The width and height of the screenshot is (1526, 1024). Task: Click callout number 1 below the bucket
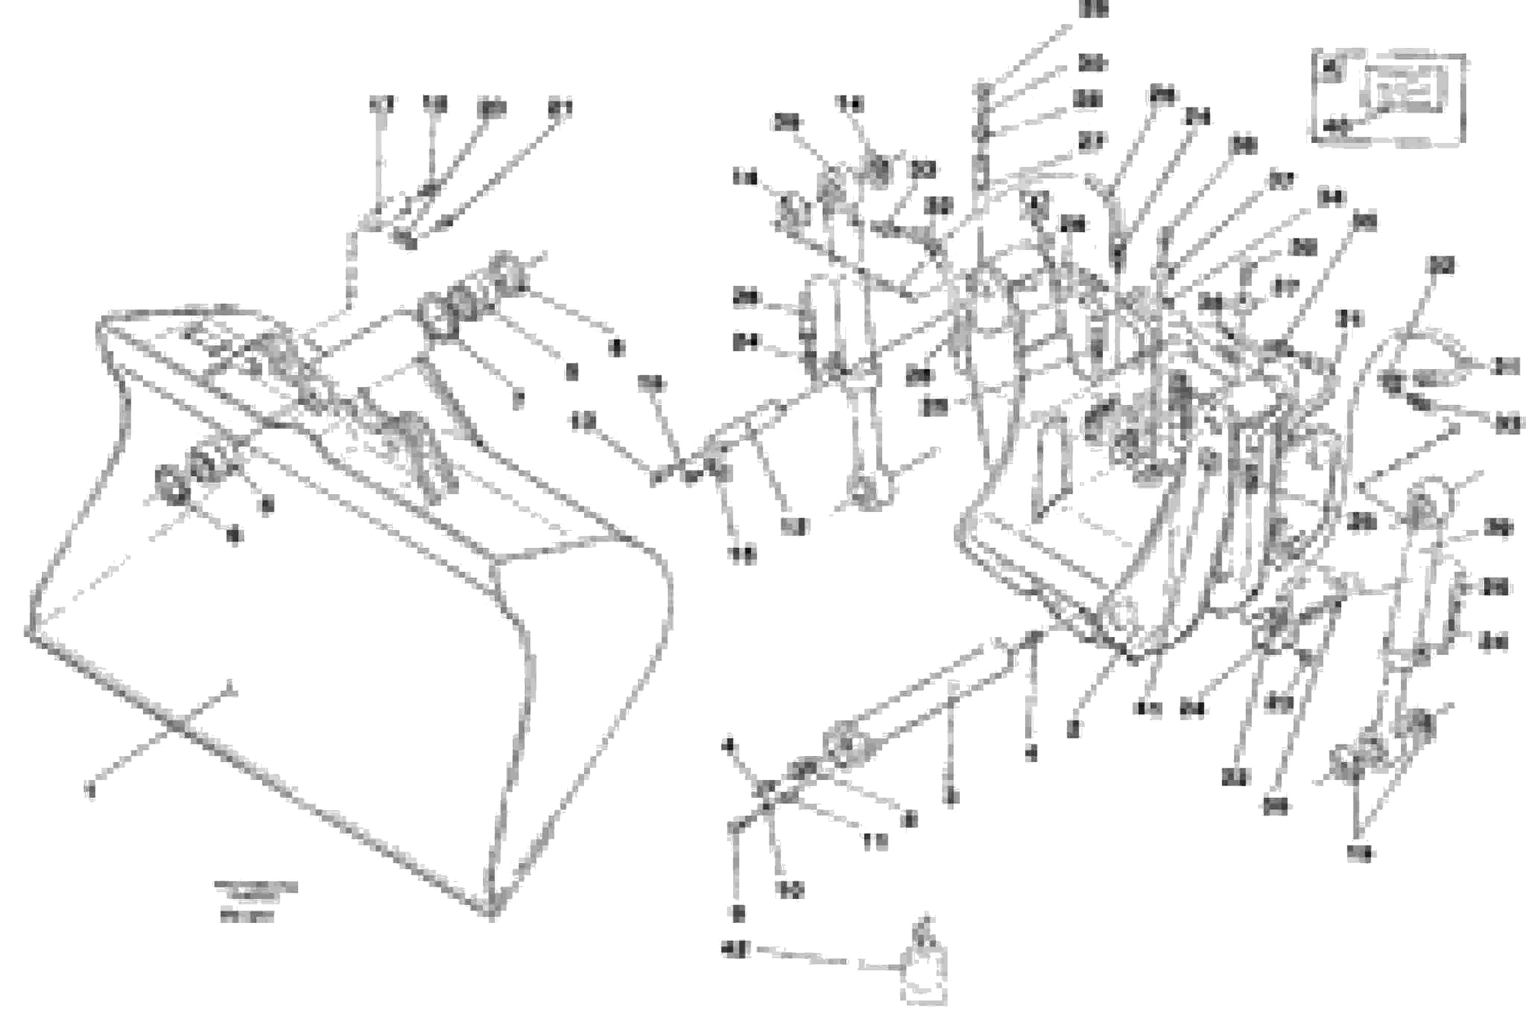click(x=91, y=792)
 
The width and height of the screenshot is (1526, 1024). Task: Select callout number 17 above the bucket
click(x=381, y=105)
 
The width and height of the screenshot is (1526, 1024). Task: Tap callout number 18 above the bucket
click(x=434, y=105)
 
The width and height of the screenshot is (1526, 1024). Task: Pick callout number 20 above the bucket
click(x=491, y=108)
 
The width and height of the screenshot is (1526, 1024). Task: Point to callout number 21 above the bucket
click(x=560, y=108)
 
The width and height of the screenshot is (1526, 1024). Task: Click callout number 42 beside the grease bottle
click(x=736, y=948)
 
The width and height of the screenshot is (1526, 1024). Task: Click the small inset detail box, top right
click(x=1389, y=96)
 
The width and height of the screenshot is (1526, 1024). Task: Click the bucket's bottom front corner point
click(x=491, y=912)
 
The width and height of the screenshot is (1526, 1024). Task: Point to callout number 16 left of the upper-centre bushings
click(x=744, y=178)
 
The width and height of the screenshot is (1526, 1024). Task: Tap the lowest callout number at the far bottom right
click(x=1360, y=852)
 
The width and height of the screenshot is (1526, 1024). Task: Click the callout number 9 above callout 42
click(x=738, y=914)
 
